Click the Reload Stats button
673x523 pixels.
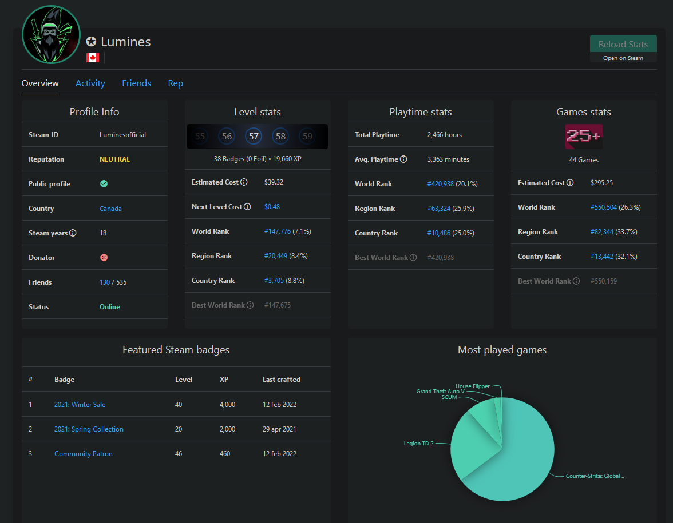click(x=623, y=44)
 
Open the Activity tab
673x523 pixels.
click(x=90, y=83)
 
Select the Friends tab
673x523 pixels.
click(x=136, y=83)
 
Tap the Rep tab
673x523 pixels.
click(x=175, y=83)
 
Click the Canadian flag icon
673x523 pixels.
click(x=93, y=57)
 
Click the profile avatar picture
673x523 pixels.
click(x=51, y=35)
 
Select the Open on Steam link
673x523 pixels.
click(x=623, y=58)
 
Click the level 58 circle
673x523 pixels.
click(x=280, y=136)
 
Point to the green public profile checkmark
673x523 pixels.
click(x=104, y=184)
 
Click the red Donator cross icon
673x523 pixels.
click(x=104, y=258)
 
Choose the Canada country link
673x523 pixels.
click(x=111, y=209)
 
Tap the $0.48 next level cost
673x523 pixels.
click(x=272, y=207)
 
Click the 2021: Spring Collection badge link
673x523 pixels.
click(x=89, y=429)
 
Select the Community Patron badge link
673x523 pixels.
click(x=84, y=454)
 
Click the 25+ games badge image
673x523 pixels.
click(x=584, y=137)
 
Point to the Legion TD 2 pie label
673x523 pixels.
click(x=418, y=444)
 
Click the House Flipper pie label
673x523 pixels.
click(x=473, y=386)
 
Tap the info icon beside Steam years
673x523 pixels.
click(x=73, y=233)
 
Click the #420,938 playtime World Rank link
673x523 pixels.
click(x=441, y=184)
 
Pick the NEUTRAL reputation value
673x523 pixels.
click(x=114, y=159)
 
